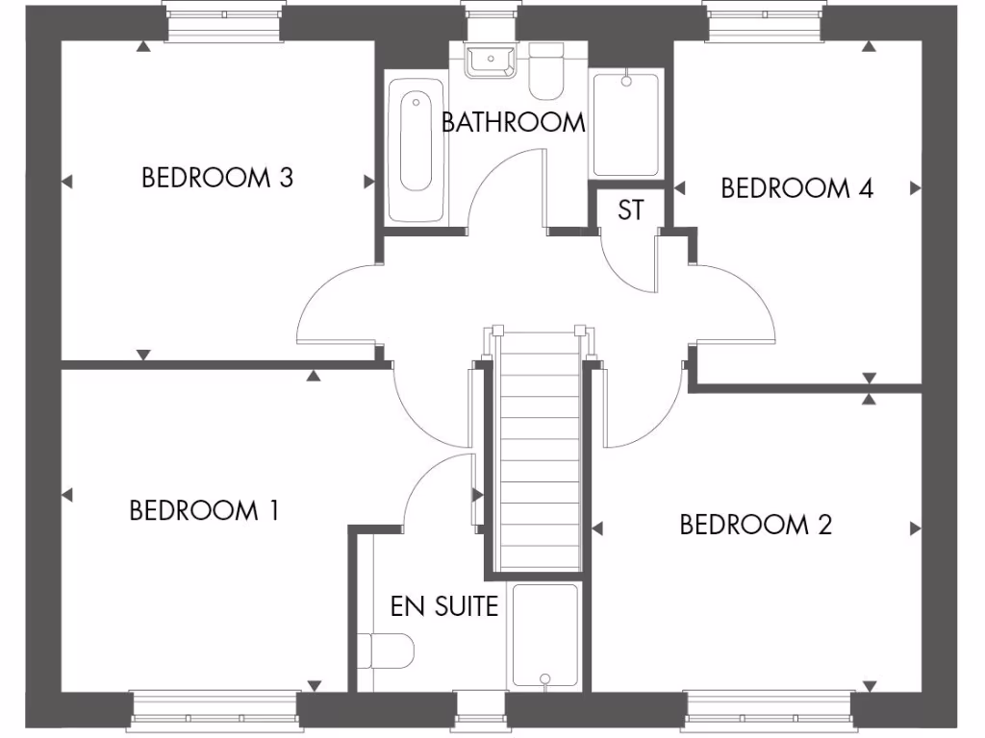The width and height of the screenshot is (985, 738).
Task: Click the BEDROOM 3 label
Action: click(216, 178)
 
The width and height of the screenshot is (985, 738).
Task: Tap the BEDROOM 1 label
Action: click(204, 510)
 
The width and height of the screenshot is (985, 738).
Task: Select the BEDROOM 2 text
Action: click(755, 525)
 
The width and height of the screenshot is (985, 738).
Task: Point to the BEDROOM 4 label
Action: click(796, 187)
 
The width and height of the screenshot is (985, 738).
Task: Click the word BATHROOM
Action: click(513, 122)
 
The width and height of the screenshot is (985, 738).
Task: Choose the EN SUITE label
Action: click(443, 606)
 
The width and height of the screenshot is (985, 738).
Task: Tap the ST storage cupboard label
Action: click(630, 209)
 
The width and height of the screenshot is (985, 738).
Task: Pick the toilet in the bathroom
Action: click(547, 73)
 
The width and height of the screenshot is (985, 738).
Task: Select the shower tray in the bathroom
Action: click(625, 124)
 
